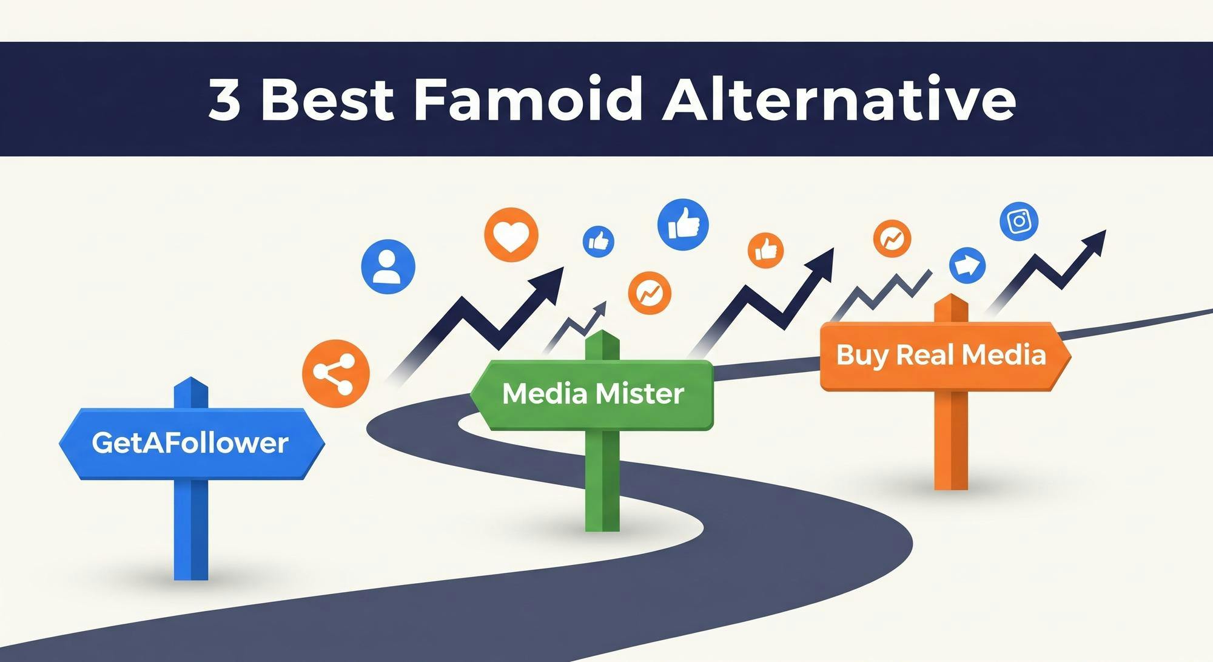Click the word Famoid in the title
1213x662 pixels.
click(x=526, y=99)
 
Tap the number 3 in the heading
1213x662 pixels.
click(x=225, y=99)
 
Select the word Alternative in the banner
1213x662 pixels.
click(x=839, y=99)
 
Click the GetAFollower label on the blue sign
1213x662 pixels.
click(x=190, y=443)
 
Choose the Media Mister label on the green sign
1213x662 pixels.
click(x=593, y=394)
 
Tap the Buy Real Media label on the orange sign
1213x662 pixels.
click(x=941, y=355)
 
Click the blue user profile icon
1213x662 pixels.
click(x=388, y=267)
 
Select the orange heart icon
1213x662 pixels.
click(x=511, y=235)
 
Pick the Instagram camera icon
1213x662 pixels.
click(x=1019, y=221)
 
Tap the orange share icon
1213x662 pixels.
click(x=336, y=373)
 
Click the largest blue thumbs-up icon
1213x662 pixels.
click(x=683, y=224)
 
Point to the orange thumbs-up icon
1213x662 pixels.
click(x=765, y=250)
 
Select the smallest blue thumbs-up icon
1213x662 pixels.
click(x=598, y=241)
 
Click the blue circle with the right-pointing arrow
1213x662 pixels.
click(x=967, y=265)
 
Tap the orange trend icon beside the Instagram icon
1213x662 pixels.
click(x=892, y=238)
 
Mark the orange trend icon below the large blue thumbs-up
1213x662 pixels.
click(x=650, y=293)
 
